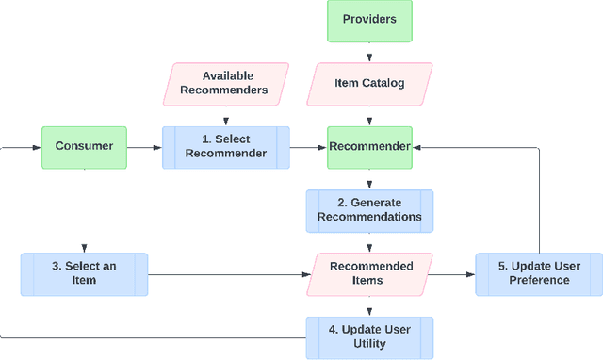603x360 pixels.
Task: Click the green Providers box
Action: click(369, 21)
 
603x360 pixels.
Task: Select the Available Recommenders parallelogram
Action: click(226, 84)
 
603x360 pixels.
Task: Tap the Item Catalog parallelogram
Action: click(369, 84)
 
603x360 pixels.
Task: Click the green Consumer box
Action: click(84, 147)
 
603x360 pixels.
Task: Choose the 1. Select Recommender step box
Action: click(226, 147)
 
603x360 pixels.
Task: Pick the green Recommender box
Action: click(369, 147)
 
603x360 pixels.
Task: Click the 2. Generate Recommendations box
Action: click(369, 210)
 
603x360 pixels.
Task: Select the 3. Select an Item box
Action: click(84, 274)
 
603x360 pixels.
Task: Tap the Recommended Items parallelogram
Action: click(369, 274)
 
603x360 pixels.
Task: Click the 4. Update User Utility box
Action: click(369, 337)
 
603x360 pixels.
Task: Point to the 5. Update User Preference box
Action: click(539, 274)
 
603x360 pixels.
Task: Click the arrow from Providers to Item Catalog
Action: click(369, 53)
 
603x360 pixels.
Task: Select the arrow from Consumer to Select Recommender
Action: click(144, 147)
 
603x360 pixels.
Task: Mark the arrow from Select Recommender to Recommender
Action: click(308, 147)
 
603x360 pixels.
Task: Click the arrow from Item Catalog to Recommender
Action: click(369, 117)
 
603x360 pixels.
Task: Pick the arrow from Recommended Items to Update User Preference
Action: click(453, 274)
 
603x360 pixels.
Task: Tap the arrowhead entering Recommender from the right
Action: click(417, 147)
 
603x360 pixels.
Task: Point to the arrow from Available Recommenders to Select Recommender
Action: click(226, 117)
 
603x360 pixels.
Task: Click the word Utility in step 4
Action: click(369, 344)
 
